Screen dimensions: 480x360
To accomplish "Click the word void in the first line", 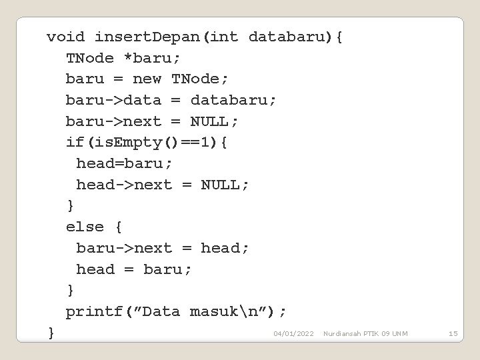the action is (x=65, y=37).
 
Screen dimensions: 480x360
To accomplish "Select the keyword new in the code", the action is (x=147, y=79).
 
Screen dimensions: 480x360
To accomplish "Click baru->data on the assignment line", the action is (x=113, y=100).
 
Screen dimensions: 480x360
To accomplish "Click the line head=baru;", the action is (x=124, y=163).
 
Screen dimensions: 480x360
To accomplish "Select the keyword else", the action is (x=85, y=227).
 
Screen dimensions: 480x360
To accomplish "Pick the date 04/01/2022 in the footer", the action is (x=293, y=333).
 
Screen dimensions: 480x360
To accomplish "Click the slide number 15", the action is (x=453, y=333).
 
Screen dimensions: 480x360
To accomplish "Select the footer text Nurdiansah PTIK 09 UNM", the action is (x=365, y=333).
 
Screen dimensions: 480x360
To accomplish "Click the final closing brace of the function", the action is (x=51, y=332).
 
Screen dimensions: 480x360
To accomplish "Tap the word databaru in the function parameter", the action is (x=287, y=37).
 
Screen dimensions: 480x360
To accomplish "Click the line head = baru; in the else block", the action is (x=133, y=269).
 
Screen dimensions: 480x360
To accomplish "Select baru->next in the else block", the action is (x=124, y=248).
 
